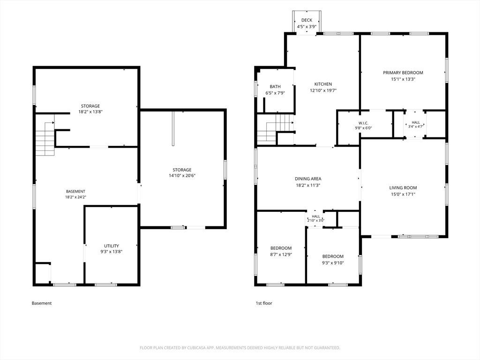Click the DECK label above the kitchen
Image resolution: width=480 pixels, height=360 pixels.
point(307,20)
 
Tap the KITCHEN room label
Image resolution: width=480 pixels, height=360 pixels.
point(323,84)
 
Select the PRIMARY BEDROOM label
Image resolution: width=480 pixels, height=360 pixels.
point(403,73)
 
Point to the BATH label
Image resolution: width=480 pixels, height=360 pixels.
point(275,87)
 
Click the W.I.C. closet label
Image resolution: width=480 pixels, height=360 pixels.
point(363,123)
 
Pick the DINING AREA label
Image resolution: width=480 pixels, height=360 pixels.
point(307,179)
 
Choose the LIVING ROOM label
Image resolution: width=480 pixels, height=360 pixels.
point(403,188)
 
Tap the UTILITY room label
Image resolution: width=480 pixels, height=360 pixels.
point(112,246)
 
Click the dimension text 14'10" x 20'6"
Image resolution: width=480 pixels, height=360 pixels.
point(182,176)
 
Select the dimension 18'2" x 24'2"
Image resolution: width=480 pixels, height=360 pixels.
point(75,197)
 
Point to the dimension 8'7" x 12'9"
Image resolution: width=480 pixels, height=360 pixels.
point(281,255)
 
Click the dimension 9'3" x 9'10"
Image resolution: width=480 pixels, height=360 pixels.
point(333,263)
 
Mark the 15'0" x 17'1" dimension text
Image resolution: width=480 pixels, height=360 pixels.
point(403,195)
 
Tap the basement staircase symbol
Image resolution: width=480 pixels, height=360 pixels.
point(45,139)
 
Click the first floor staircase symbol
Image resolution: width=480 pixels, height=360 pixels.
point(275,128)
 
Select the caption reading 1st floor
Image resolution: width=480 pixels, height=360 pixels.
point(264,303)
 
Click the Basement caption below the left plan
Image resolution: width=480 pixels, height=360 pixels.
point(42,303)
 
